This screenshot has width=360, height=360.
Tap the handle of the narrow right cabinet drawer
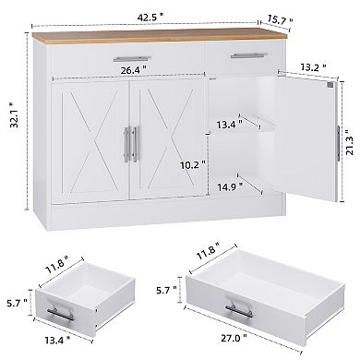(x=248, y=56)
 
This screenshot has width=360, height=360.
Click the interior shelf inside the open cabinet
(x=250, y=134)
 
